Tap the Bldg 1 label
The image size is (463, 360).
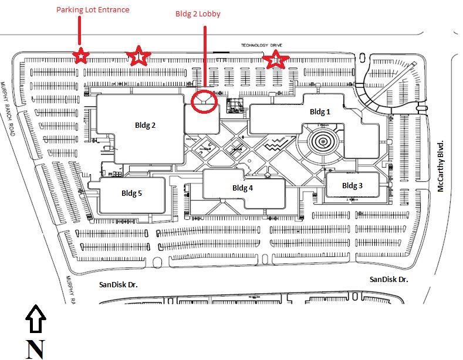click(320, 111)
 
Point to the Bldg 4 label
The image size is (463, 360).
click(242, 188)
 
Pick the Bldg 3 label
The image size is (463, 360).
click(352, 185)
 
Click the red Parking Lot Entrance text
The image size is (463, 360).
click(93, 9)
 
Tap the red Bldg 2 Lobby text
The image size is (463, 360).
click(198, 13)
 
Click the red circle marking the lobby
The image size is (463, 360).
click(204, 101)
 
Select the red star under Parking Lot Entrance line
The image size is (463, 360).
click(80, 56)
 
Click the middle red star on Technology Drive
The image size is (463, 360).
click(138, 56)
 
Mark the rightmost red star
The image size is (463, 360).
click(275, 59)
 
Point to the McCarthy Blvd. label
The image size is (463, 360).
click(441, 165)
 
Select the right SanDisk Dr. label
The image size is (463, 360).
click(388, 280)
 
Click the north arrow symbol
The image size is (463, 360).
click(35, 319)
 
